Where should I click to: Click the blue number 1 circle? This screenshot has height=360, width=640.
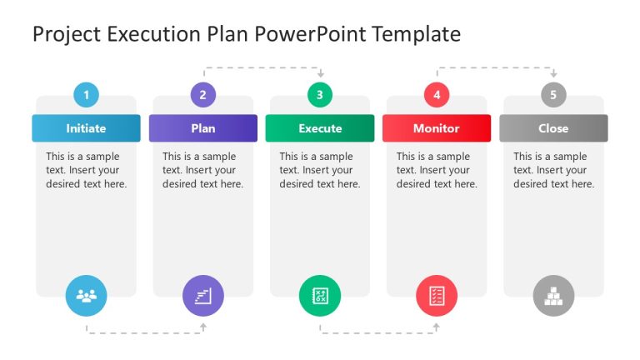click(86, 95)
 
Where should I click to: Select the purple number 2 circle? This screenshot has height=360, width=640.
click(202, 95)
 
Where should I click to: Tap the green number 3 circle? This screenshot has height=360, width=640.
click(320, 95)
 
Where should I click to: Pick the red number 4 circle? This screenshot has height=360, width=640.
click(437, 95)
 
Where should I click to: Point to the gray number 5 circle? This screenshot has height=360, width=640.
click(553, 95)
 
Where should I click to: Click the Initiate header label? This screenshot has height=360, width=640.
click(86, 128)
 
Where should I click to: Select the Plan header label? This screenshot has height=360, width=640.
click(202, 128)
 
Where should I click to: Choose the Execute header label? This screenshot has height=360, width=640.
click(320, 128)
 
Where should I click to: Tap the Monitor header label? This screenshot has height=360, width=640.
click(437, 128)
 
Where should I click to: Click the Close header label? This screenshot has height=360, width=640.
click(553, 128)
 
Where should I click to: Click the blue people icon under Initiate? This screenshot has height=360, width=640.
click(86, 295)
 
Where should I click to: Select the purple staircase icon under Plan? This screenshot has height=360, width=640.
click(202, 295)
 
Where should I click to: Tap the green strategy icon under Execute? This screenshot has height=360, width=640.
click(320, 295)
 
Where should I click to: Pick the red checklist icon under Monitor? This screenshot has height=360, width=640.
click(437, 295)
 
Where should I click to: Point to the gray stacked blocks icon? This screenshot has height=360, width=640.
click(553, 295)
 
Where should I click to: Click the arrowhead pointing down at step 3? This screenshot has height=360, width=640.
click(320, 75)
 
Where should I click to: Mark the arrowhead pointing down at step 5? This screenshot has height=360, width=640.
click(553, 75)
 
